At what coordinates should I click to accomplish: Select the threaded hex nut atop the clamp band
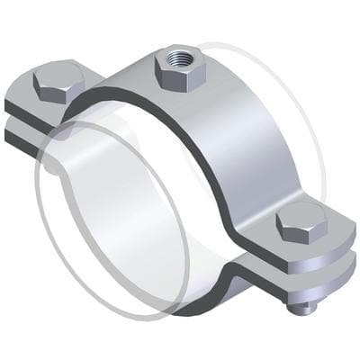pos(180,68)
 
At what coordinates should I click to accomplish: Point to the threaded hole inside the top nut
pos(182,59)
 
